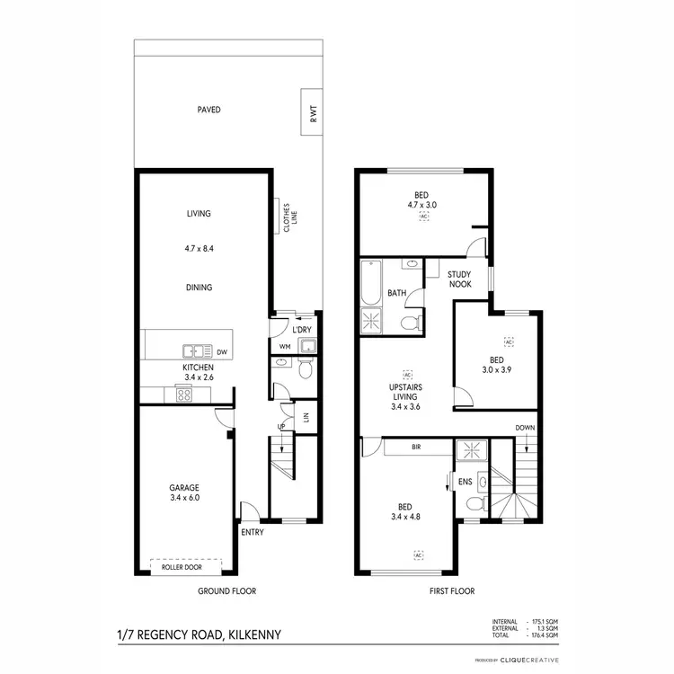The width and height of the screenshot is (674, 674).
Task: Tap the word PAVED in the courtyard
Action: coord(209,110)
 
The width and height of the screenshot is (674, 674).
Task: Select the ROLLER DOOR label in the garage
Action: coord(183,568)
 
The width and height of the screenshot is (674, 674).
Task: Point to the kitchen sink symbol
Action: coord(196,350)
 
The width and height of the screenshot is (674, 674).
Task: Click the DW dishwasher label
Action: coord(221,351)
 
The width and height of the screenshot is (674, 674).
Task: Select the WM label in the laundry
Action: coord(285,346)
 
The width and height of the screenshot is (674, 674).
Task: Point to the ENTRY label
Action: coord(252,533)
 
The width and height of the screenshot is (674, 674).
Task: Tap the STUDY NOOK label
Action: coord(459,279)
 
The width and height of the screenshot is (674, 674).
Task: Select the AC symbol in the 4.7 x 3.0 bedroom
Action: coord(422,217)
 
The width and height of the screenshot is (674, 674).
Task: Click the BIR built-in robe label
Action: coord(416,446)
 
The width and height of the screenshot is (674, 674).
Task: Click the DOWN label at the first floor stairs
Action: coord(525,428)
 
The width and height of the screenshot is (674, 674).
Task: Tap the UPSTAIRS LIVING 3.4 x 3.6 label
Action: coord(406,395)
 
